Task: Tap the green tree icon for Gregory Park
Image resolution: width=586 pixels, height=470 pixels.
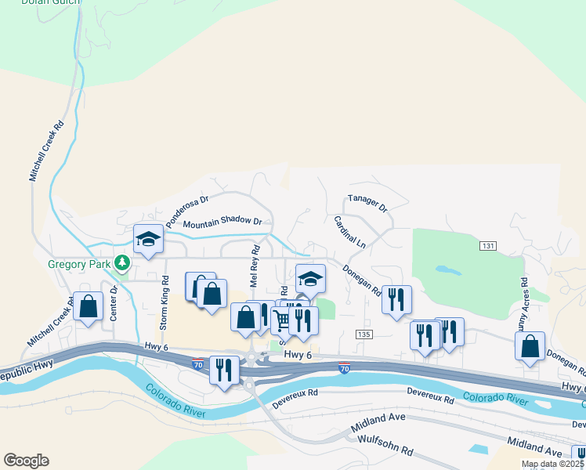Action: coord(122,262)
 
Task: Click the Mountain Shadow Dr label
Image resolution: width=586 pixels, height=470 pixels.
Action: coord(222,222)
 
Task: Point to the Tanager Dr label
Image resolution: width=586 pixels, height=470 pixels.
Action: coord(367,204)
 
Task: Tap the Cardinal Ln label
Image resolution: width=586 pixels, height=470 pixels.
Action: coord(349,233)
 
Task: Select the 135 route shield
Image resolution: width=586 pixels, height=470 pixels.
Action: coord(363,334)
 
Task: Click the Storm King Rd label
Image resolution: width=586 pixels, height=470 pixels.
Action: coord(165,301)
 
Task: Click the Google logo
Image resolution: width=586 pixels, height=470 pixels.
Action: coord(26,461)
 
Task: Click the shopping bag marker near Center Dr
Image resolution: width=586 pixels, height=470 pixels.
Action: coord(89,306)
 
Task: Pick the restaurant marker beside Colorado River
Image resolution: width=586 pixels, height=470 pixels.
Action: coord(225,369)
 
